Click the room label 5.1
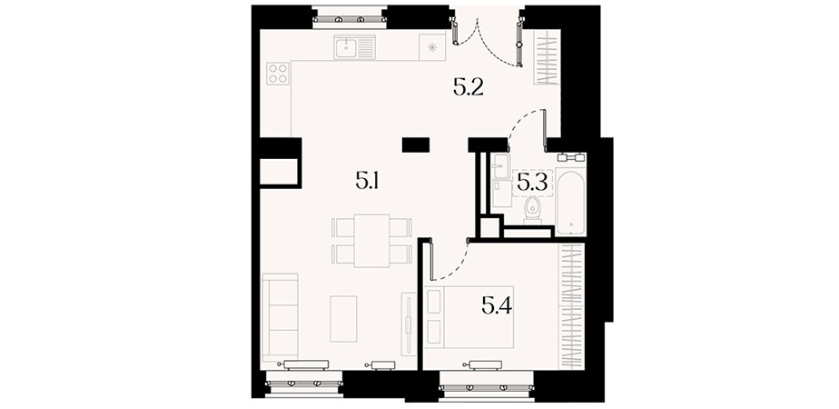click(367, 182)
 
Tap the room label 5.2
click(469, 87)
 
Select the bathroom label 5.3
click(532, 183)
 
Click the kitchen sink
click(354, 47)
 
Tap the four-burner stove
click(278, 74)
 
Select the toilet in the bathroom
click(532, 210)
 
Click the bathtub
click(571, 202)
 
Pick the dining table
click(372, 240)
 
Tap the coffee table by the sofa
click(343, 318)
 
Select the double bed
click(469, 317)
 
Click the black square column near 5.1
click(416, 145)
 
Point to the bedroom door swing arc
click(457, 269)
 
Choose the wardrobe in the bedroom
click(571, 305)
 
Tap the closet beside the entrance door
click(548, 57)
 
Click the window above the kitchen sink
click(350, 18)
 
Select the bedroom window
click(487, 387)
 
